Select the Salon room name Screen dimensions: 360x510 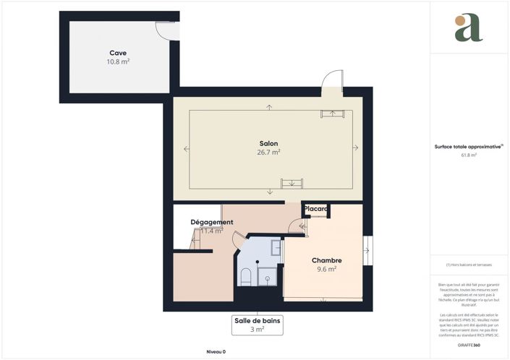pyautogui.click(x=268, y=143)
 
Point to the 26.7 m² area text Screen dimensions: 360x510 pyautogui.click(x=268, y=153)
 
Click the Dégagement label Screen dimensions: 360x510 pyautogui.click(x=211, y=222)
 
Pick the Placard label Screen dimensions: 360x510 pyautogui.click(x=316, y=209)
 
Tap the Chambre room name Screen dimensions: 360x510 pyautogui.click(x=326, y=260)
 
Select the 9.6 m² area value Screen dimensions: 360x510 pyautogui.click(x=326, y=269)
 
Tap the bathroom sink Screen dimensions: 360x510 pyautogui.click(x=276, y=248)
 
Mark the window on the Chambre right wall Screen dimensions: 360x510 pyautogui.click(x=367, y=251)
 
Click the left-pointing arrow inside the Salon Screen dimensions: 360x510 pyautogui.click(x=187, y=149)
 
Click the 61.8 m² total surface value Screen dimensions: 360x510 pyautogui.click(x=468, y=155)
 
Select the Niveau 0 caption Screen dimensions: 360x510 pyautogui.click(x=216, y=351)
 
